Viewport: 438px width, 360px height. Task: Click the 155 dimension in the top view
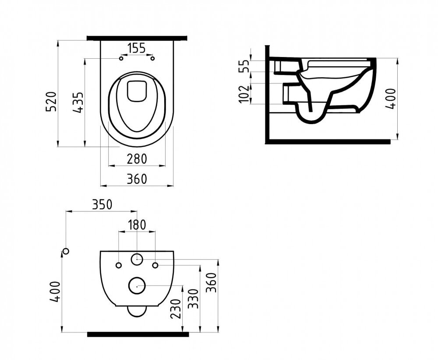[137, 48]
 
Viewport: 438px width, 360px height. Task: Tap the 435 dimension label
[78, 102]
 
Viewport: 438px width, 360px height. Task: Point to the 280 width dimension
[137, 159]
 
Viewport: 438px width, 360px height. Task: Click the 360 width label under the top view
[137, 179]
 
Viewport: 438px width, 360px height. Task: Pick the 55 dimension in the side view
[245, 66]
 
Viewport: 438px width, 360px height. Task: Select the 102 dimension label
[244, 94]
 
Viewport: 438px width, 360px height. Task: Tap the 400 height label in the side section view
[391, 99]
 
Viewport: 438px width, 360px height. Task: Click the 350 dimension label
[102, 204]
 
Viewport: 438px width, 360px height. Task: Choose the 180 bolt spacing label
[137, 225]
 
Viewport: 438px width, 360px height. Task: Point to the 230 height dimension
[176, 309]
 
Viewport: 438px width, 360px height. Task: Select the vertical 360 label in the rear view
[212, 283]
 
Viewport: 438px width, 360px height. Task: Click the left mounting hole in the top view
[121, 58]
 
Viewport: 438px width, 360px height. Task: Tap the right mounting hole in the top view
[152, 58]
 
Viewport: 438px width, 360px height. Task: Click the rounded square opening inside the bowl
[137, 91]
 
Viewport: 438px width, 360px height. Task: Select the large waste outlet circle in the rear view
[137, 286]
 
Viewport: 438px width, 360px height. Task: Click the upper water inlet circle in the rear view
[137, 259]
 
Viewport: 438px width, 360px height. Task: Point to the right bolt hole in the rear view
[155, 265]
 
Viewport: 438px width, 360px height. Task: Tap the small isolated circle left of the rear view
[66, 251]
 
